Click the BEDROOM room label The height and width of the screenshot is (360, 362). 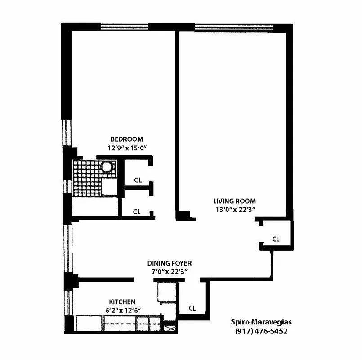click(126, 139)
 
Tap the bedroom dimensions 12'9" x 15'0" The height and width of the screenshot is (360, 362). click(127, 147)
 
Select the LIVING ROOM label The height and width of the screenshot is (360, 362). click(234, 201)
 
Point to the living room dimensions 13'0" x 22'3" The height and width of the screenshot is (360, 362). click(234, 209)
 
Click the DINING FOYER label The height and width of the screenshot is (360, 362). click(170, 263)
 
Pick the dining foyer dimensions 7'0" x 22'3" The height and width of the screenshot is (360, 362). click(170, 271)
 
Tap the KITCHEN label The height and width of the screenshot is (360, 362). click(122, 301)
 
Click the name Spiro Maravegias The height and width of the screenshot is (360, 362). click(261, 322)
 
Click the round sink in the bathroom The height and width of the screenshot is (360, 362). click(107, 167)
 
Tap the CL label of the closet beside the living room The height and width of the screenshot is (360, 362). click(276, 239)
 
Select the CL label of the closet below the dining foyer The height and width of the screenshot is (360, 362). click(192, 308)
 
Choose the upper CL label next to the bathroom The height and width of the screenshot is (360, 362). click(138, 180)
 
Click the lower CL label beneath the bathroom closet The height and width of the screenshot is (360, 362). click(137, 211)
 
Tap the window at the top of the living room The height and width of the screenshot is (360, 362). click(233, 26)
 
